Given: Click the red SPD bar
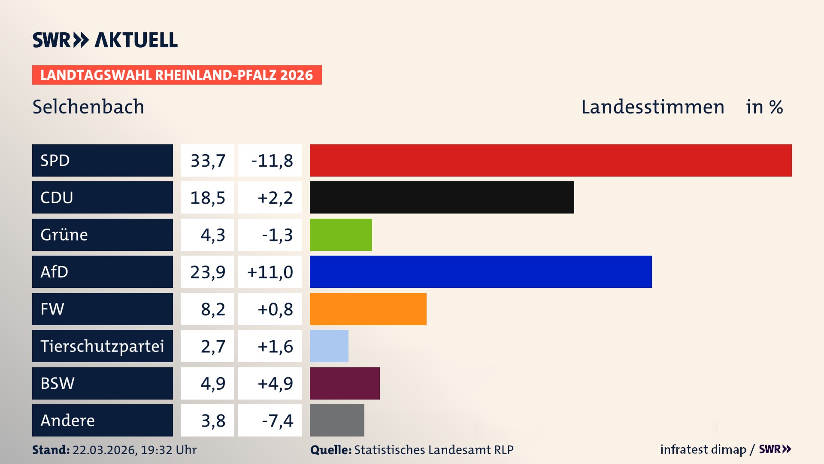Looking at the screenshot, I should tap(551, 160).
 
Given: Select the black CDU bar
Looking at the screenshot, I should tap(442, 198).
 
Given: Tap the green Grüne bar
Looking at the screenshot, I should tap(341, 235).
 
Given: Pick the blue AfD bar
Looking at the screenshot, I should tap(481, 272).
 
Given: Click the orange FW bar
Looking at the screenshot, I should tap(368, 309).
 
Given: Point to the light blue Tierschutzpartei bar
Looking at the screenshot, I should tap(329, 346).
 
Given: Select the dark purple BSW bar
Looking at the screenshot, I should tap(345, 383).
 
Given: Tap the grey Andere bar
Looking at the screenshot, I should tap(337, 420).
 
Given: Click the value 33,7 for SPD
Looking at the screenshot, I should tap(208, 161).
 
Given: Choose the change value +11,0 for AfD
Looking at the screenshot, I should tap(270, 272).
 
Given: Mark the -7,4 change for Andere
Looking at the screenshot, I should tap(277, 421).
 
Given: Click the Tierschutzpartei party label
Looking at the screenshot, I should tap(102, 346).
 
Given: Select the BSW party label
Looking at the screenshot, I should tap(58, 383).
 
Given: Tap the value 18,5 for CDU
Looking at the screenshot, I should tap(208, 198).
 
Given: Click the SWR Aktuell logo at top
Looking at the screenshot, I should tap(105, 40).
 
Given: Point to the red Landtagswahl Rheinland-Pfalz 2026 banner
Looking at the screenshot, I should tap(177, 75).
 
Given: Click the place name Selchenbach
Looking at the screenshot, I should tap(88, 107).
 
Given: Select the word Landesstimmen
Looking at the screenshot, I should tap(652, 107).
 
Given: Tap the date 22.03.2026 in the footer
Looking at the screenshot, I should tap(104, 450).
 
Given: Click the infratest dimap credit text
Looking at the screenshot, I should tap(703, 449).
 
